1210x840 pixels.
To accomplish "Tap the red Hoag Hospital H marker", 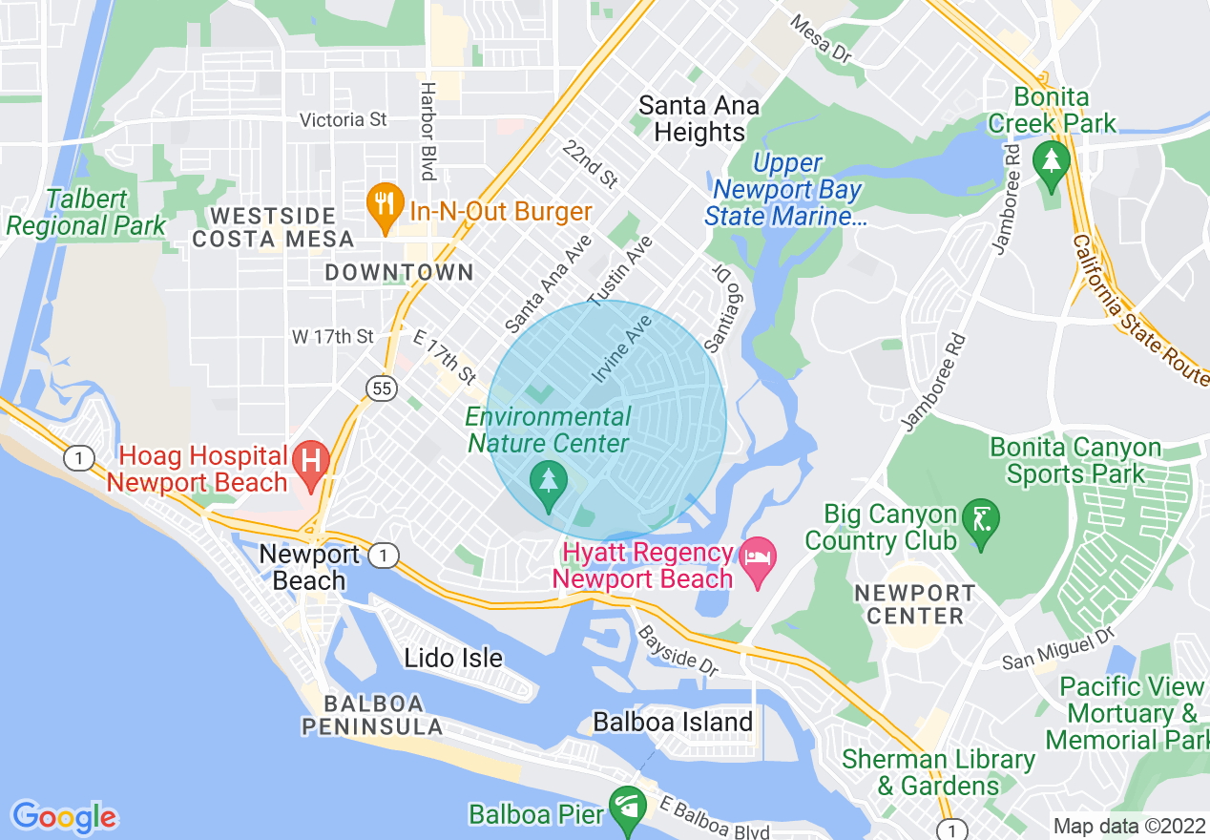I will pos(311,459).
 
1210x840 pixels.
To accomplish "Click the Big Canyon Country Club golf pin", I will pos(981,521).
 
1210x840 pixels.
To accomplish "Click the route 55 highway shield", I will pos(381,387).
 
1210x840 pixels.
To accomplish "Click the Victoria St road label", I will pos(344,119).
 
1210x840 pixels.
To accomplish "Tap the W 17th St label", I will pos(333,336).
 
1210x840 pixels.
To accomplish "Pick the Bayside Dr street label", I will pos(678,651).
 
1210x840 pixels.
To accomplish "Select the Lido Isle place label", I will pos(453,658).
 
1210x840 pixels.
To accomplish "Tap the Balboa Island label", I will pos(673,722).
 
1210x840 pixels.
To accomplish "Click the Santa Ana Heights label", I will pos(699,118).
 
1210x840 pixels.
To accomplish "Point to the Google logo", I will pos(65,817).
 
